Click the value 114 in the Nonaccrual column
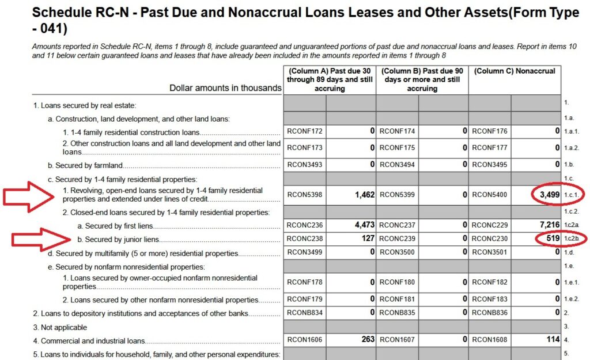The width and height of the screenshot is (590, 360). [553, 340]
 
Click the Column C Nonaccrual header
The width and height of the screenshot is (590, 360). [515, 71]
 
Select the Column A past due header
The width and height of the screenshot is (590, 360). [329, 79]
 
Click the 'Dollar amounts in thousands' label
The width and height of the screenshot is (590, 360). [225, 88]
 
